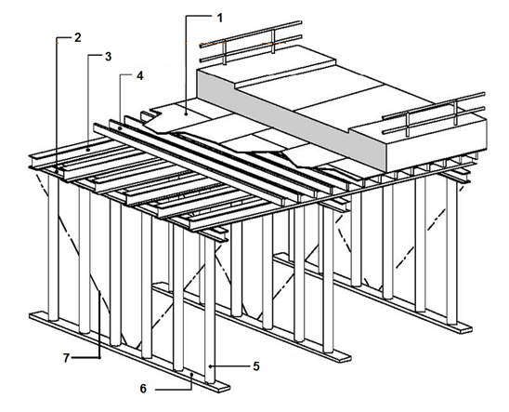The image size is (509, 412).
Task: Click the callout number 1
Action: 220,19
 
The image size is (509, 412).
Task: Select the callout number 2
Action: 77,38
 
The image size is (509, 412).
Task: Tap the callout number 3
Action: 108,57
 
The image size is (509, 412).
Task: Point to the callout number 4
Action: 139,76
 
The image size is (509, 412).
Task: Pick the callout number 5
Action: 256,366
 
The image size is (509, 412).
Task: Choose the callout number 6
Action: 143,389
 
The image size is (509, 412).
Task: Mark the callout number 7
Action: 66,358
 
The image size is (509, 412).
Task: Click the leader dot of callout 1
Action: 186,114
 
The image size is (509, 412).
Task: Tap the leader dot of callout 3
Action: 88,150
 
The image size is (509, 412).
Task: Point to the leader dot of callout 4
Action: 120,128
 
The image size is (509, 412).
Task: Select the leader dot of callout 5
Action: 210,366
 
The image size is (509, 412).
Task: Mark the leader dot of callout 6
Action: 191,374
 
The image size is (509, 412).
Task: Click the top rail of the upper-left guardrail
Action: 251,33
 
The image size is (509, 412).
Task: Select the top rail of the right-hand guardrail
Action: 434,105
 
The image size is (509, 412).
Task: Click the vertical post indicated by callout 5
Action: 210,311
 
